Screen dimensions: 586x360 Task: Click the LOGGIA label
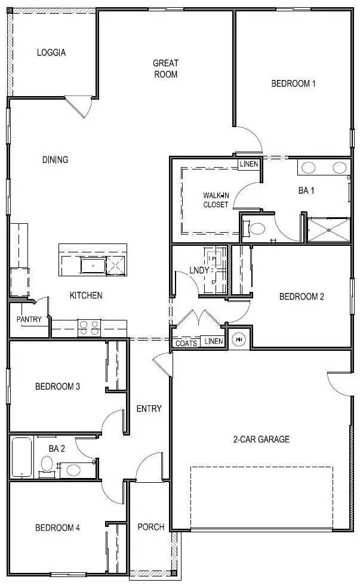[51, 53]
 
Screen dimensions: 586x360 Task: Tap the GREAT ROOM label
[165, 69]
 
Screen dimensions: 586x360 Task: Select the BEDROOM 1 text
[293, 84]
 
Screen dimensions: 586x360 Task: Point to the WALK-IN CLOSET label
[216, 200]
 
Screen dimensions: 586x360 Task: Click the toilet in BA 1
[257, 228]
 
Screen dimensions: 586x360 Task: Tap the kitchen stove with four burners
[90, 328]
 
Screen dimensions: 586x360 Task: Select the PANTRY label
[29, 319]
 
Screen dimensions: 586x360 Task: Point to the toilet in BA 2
[47, 464]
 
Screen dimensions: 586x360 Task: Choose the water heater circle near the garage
[239, 339]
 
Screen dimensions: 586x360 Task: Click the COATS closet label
[186, 343]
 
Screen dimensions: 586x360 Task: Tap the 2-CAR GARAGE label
[261, 440]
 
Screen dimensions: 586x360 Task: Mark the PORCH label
[150, 527]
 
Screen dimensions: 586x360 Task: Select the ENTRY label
[149, 409]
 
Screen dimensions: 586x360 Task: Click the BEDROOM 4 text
[57, 528]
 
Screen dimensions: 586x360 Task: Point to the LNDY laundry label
[199, 270]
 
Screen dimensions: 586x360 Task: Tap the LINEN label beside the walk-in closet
[248, 164]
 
